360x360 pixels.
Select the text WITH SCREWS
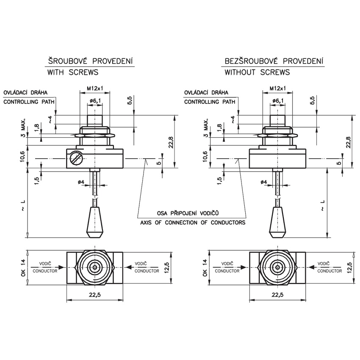point(73,72)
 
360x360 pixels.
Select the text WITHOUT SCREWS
point(257,72)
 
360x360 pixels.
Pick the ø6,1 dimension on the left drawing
point(95,100)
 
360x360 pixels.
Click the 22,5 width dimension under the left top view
point(95,295)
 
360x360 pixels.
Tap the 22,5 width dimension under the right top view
point(277,295)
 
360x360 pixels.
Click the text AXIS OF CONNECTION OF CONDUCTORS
point(193,222)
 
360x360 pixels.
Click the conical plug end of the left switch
point(95,222)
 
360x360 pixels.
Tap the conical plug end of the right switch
point(278,222)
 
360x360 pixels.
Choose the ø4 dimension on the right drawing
point(263,182)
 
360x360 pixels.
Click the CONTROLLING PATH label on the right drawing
point(210,102)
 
